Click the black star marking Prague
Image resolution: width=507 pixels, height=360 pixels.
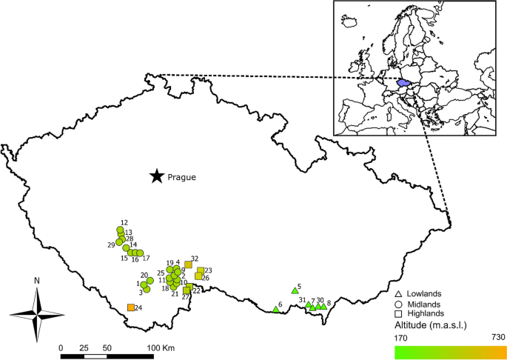pos(156,176)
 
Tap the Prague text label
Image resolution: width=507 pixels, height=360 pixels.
pos(181,177)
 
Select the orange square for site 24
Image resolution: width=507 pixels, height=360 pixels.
pos(131,307)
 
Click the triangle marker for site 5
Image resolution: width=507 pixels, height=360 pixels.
pos(294,290)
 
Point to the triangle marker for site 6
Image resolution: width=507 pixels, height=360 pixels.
pos(275,310)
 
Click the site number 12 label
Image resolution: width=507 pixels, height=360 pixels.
pos(124,222)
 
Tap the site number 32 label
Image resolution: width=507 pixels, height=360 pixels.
pos(195,259)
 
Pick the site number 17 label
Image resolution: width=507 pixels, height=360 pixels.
pos(146,259)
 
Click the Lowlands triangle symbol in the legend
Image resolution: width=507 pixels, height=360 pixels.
pos(398,295)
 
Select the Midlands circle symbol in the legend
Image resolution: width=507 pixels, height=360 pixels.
pos(398,304)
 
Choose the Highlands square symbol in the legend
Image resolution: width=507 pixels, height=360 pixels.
pos(398,315)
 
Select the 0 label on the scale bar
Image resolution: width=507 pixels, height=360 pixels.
pos(61,347)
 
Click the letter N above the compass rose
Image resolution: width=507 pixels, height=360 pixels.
pos(36,281)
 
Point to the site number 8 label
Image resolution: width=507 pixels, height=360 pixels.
pos(328,302)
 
